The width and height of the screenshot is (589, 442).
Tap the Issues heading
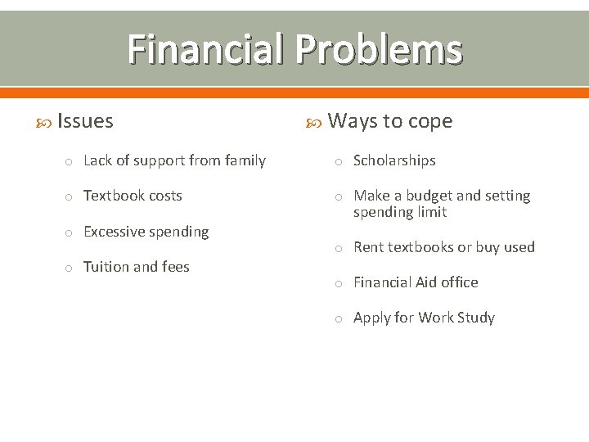pyautogui.click(x=85, y=121)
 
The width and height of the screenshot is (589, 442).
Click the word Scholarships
pyautogui.click(x=394, y=160)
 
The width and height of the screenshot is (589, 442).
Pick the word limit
pyautogui.click(x=432, y=212)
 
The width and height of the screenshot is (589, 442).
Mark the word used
pyautogui.click(x=519, y=247)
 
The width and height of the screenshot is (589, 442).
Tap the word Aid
pyautogui.click(x=425, y=282)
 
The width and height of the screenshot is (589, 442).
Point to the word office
pyautogui.click(x=460, y=282)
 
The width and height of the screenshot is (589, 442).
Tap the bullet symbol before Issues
pyautogui.click(x=46, y=122)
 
